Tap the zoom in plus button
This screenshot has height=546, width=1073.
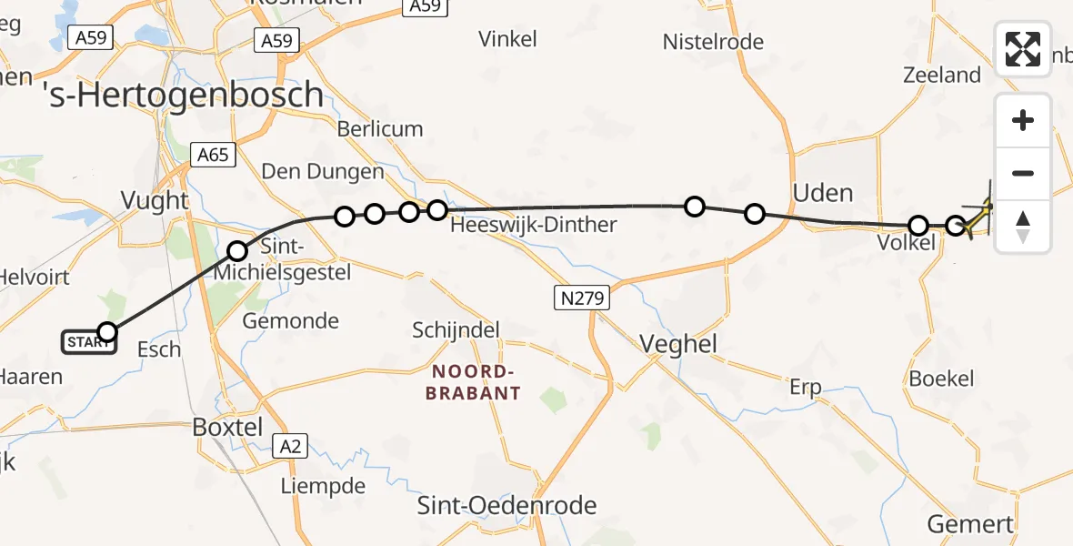point(1023,121)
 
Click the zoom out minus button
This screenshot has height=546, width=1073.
point(1023,173)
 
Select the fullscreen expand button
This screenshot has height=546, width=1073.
point(1023,49)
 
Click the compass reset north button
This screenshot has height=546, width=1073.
point(1023,226)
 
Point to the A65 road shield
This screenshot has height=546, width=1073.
point(213,155)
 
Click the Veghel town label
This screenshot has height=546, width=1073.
point(678,344)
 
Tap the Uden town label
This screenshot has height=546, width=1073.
point(823,193)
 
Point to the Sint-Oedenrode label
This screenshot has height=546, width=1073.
point(506,506)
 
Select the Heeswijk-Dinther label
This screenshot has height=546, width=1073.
point(534,225)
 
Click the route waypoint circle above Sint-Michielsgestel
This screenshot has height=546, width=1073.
point(236,250)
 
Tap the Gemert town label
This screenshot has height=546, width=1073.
point(969,524)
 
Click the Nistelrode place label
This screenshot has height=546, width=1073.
point(713,42)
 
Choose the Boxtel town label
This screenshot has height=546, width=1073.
point(228,427)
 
